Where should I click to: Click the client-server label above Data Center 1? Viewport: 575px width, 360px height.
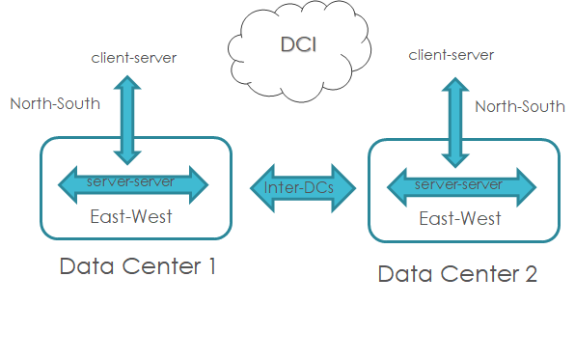point(134,58)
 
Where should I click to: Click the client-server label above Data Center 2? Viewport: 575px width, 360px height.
point(451,55)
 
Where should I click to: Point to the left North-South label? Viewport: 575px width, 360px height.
point(55,103)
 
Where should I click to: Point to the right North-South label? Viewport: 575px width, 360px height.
point(520,106)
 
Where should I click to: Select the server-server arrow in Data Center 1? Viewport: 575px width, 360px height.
point(134,182)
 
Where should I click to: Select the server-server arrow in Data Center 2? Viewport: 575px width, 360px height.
point(458,184)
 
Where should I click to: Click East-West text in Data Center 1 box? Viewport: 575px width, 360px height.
point(131,216)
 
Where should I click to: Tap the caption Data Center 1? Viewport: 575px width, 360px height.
point(137,266)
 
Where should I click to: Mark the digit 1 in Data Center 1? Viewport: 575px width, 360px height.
point(210,266)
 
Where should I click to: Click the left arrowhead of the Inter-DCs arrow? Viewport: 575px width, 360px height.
point(259,187)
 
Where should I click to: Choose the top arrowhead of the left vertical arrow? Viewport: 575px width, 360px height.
point(127,84)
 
